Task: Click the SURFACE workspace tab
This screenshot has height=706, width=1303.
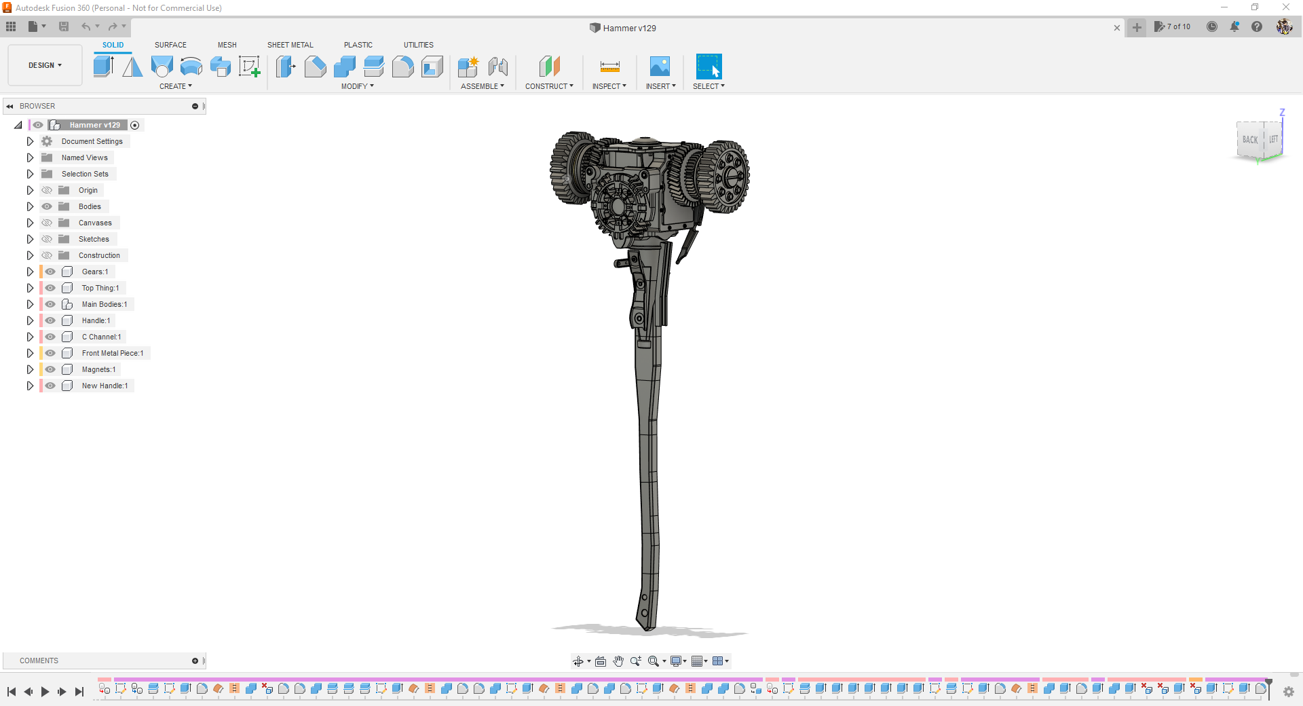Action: tap(170, 45)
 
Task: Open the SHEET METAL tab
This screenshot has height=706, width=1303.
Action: tap(290, 45)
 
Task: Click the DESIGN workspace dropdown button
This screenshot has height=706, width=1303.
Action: tap(45, 65)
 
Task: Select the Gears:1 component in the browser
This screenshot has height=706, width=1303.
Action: tap(95, 272)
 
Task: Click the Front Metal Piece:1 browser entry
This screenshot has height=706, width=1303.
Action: tap(112, 353)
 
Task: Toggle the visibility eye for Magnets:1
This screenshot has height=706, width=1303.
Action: tap(50, 369)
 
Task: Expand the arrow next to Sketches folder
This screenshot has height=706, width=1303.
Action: tap(30, 239)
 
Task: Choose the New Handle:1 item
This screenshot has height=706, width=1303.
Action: tap(105, 386)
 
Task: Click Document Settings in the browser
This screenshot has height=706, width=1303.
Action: tap(92, 141)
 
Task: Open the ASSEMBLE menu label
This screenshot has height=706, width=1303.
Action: tap(482, 86)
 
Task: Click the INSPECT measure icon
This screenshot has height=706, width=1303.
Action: tap(609, 67)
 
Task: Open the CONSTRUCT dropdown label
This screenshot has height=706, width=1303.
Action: tap(548, 86)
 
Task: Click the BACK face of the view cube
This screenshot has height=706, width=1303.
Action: tap(1250, 140)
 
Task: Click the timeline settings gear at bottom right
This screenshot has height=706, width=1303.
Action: tap(1288, 692)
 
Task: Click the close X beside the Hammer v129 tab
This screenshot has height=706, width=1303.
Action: tap(1117, 28)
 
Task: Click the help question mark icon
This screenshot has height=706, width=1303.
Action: tap(1257, 26)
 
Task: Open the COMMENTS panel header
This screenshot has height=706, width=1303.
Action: tap(39, 661)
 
